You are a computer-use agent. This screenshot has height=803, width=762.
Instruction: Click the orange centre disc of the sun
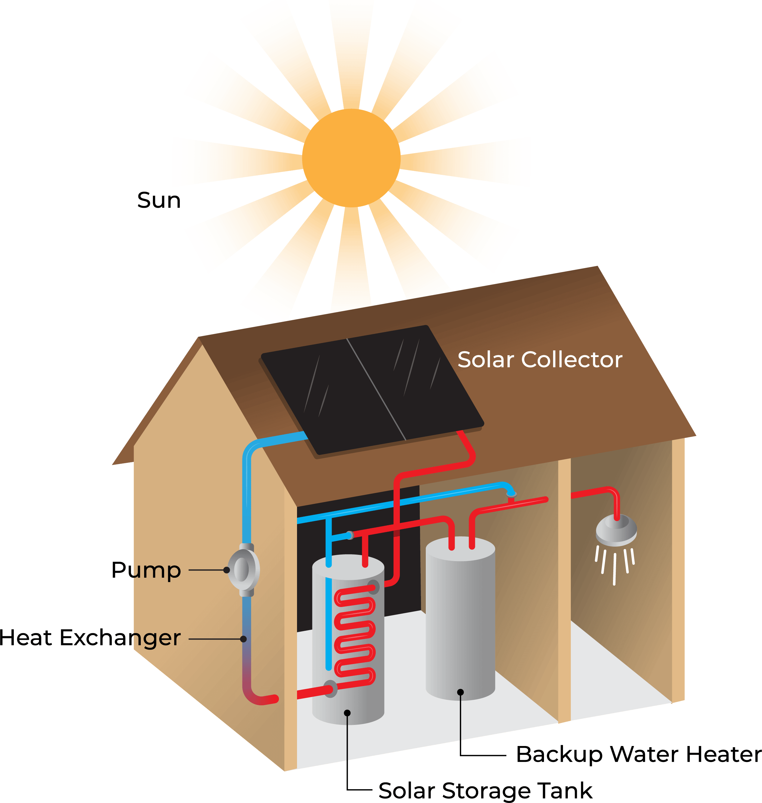point(351,158)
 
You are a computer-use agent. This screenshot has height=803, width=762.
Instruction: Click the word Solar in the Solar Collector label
point(486,360)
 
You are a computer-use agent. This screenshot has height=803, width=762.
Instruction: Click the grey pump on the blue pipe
point(242,569)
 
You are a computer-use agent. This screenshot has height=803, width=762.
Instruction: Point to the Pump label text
point(154,571)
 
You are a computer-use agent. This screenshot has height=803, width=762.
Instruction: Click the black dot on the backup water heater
point(460,692)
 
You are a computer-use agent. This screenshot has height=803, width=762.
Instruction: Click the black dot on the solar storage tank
point(347,713)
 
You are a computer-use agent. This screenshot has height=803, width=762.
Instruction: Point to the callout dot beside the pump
point(227,570)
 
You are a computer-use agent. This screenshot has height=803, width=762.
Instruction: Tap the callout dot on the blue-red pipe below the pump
point(243,639)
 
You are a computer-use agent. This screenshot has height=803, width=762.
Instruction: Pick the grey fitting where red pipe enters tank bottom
point(331,688)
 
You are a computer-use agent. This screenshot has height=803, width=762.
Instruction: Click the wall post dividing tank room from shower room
point(564,589)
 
